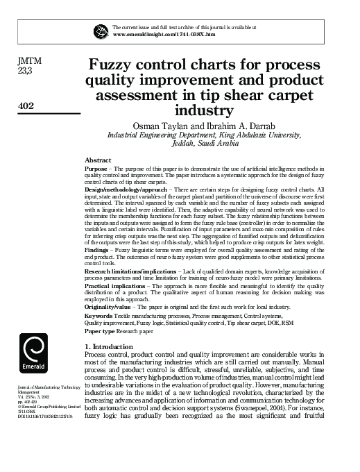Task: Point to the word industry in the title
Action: (x=204, y=110)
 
